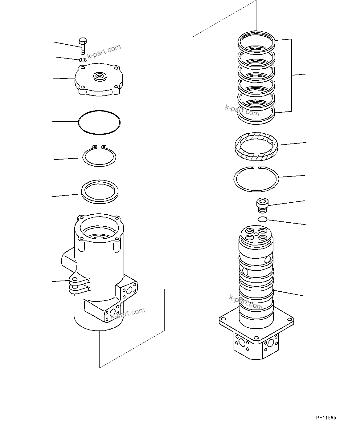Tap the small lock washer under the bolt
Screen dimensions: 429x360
(x=82, y=59)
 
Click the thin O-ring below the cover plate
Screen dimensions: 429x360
(x=99, y=122)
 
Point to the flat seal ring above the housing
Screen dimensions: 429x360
(x=99, y=192)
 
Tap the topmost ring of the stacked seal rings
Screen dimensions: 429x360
(x=256, y=41)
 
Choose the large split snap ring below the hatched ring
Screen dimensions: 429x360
(x=256, y=179)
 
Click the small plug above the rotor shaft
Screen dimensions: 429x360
(x=263, y=205)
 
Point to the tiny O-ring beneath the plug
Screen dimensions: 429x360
(x=262, y=219)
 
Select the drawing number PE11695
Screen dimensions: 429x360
(x=326, y=418)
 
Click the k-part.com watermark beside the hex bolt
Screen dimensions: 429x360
(x=104, y=51)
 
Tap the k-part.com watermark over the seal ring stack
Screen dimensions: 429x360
(x=242, y=110)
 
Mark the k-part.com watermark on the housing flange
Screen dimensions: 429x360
(x=128, y=313)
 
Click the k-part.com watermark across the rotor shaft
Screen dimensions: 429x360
(x=246, y=302)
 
